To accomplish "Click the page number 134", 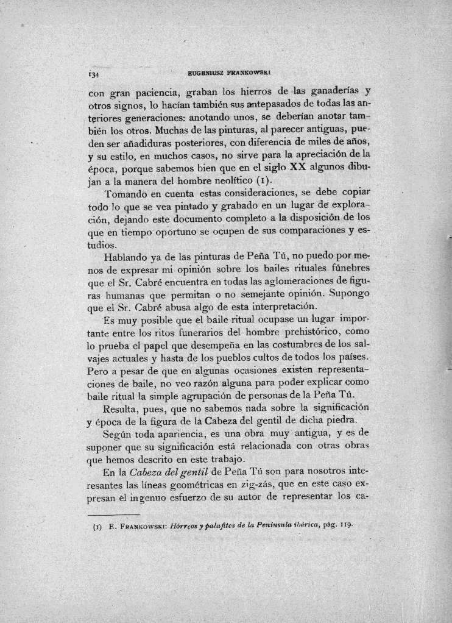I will pyautogui.click(x=93, y=75).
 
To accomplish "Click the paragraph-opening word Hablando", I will pyautogui.click(x=129, y=257).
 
